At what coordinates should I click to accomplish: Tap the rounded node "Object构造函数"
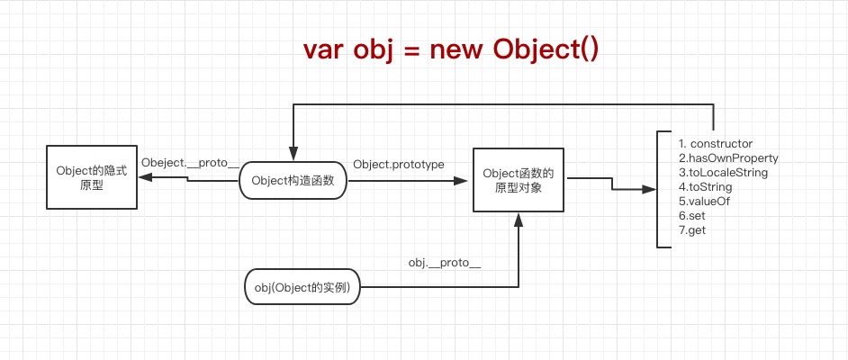point(293,180)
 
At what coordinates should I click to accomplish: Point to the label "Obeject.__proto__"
point(190,164)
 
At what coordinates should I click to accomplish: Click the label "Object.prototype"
point(398,165)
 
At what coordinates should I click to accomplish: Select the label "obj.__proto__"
point(445,263)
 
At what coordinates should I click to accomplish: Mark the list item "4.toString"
point(705,187)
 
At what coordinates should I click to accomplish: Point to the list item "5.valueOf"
point(704,202)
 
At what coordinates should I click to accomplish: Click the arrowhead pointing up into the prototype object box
point(519,219)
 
